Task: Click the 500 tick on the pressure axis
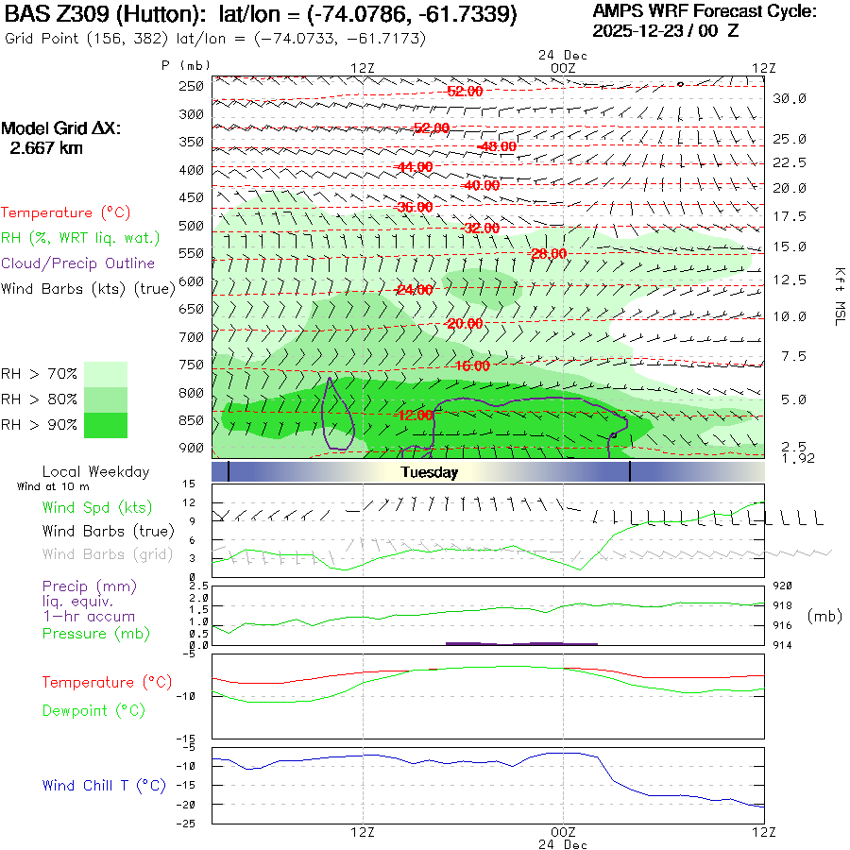point(193,226)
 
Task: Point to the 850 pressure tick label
point(193,419)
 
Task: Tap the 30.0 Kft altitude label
point(789,98)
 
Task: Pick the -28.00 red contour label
point(549,254)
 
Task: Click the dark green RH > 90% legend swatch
point(106,425)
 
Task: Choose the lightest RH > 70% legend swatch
point(106,374)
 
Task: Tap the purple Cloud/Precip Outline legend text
point(78,263)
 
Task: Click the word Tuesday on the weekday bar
point(429,472)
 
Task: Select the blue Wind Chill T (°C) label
point(104,785)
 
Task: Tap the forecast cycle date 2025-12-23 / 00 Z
point(667,30)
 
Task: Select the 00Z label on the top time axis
point(563,68)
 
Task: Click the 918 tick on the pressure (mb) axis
point(783,605)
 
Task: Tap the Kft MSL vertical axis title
point(838,296)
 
